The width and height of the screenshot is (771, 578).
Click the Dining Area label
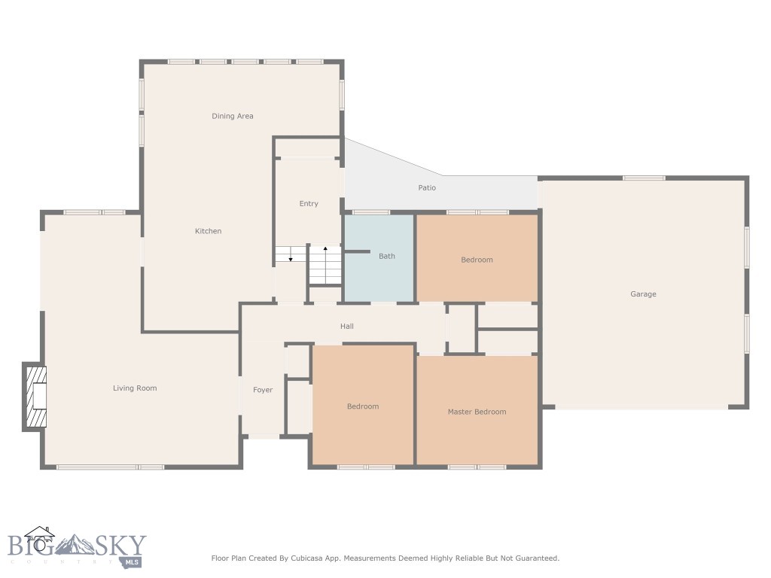pyautogui.click(x=232, y=116)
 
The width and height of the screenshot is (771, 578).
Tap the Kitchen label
pyautogui.click(x=208, y=231)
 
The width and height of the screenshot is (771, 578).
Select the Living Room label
pyautogui.click(x=135, y=388)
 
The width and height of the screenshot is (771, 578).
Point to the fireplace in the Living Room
pyautogui.click(x=35, y=397)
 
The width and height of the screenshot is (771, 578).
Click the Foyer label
pyautogui.click(x=263, y=390)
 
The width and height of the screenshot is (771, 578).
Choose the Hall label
pyautogui.click(x=346, y=327)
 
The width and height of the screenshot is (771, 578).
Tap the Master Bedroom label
pyautogui.click(x=477, y=412)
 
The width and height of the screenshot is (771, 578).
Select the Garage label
pyautogui.click(x=643, y=294)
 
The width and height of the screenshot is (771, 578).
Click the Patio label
pyautogui.click(x=427, y=187)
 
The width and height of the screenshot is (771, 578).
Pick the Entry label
pyautogui.click(x=309, y=204)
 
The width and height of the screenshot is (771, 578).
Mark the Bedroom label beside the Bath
pyautogui.click(x=477, y=260)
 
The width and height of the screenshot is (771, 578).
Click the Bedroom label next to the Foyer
pyautogui.click(x=363, y=406)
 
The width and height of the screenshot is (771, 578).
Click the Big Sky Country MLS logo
pyautogui.click(x=75, y=547)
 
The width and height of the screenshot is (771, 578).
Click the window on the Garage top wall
pyautogui.click(x=644, y=178)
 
